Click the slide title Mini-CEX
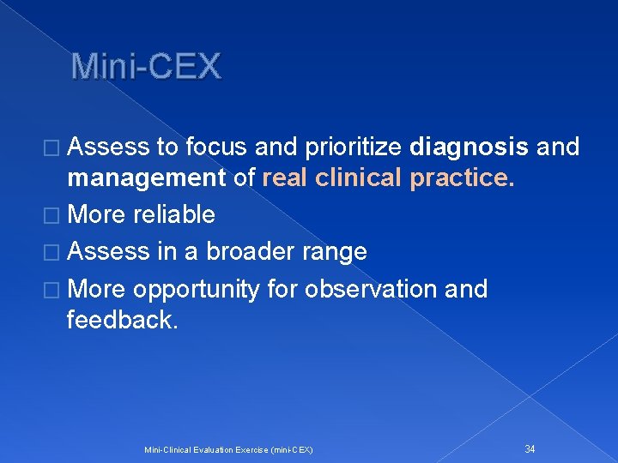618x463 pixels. point(146,66)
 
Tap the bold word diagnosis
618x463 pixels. point(469,147)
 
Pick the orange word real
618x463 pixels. point(287,177)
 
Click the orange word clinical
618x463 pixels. point(362,177)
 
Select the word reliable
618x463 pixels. point(174,214)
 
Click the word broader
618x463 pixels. point(250,251)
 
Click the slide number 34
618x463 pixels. point(530,448)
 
